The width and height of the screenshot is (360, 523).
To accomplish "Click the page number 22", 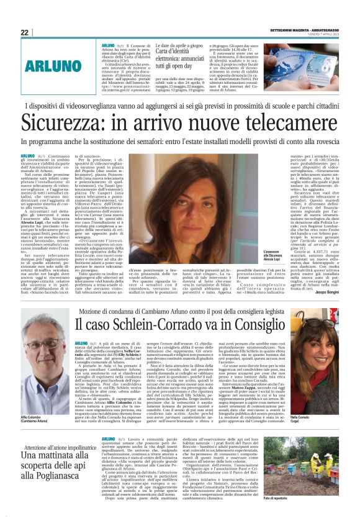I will (24, 32).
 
